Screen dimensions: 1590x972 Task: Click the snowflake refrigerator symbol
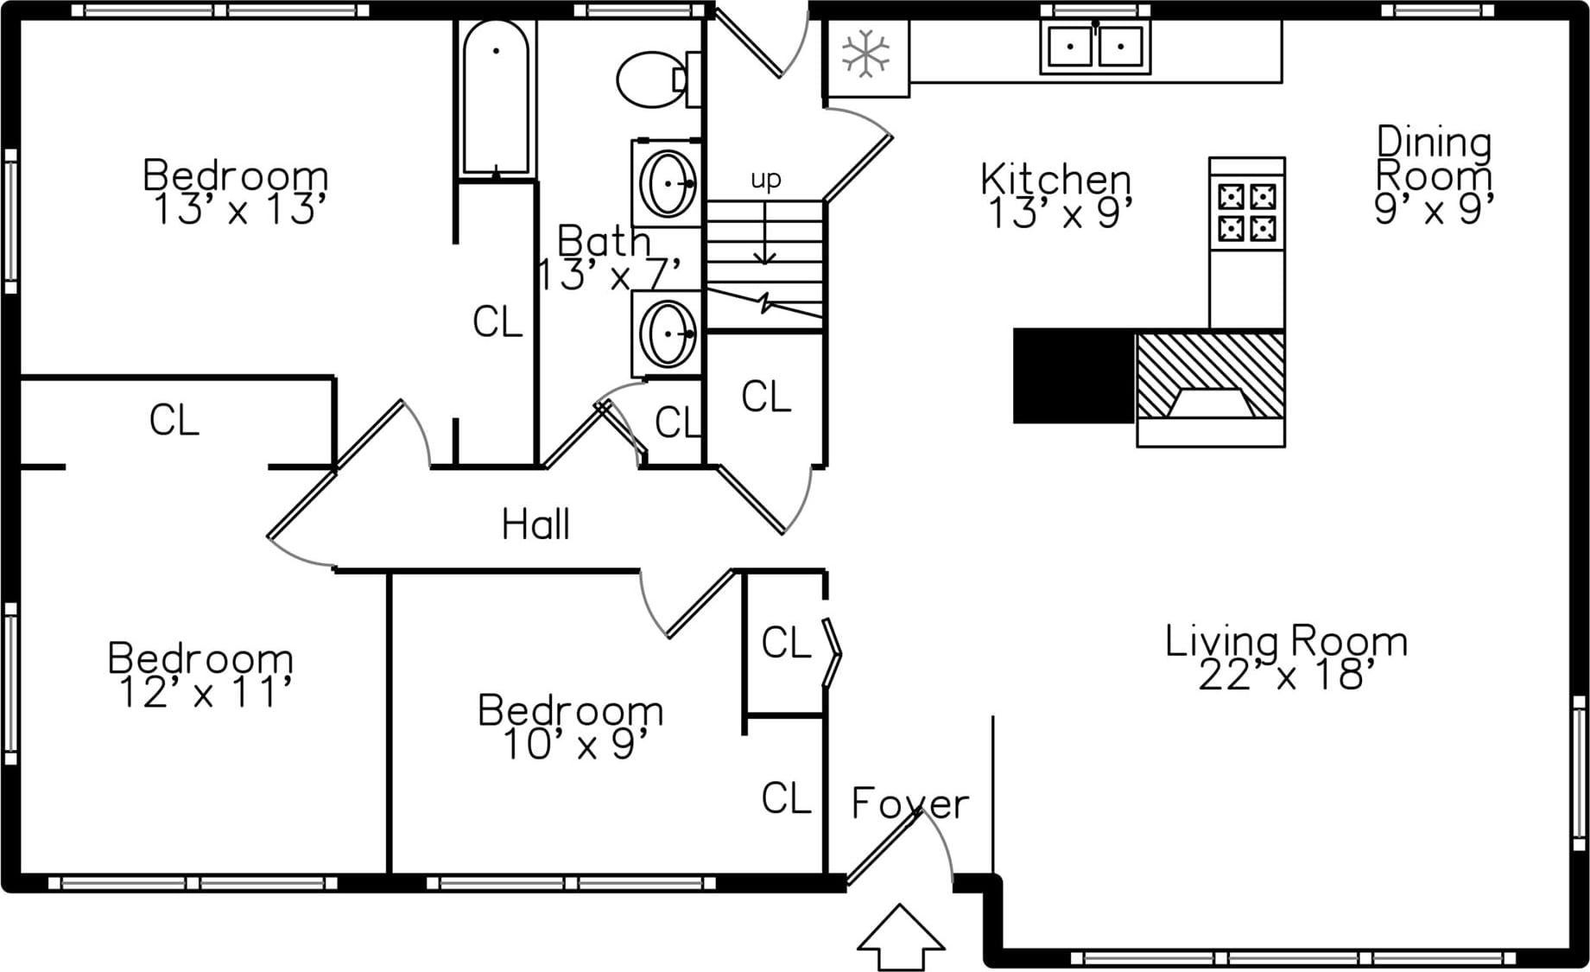click(x=865, y=54)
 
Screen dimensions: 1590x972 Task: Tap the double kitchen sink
click(x=1095, y=47)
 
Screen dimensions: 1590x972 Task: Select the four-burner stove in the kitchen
click(x=1246, y=212)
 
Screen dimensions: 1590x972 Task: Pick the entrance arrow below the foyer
click(x=900, y=937)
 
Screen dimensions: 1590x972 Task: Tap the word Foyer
click(x=909, y=804)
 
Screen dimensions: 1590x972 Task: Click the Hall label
click(x=535, y=524)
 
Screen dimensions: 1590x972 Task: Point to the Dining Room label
click(x=1434, y=159)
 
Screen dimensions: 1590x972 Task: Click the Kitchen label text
click(x=1055, y=179)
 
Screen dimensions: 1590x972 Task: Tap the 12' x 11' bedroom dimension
click(x=205, y=693)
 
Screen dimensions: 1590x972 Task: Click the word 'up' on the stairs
click(x=765, y=179)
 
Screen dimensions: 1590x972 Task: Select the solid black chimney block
click(x=1074, y=376)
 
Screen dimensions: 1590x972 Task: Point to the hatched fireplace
click(x=1210, y=376)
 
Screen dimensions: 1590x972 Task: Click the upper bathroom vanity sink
click(x=668, y=183)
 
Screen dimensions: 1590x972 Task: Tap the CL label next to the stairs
click(x=765, y=397)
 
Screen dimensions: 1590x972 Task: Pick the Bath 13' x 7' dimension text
click(x=609, y=275)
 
